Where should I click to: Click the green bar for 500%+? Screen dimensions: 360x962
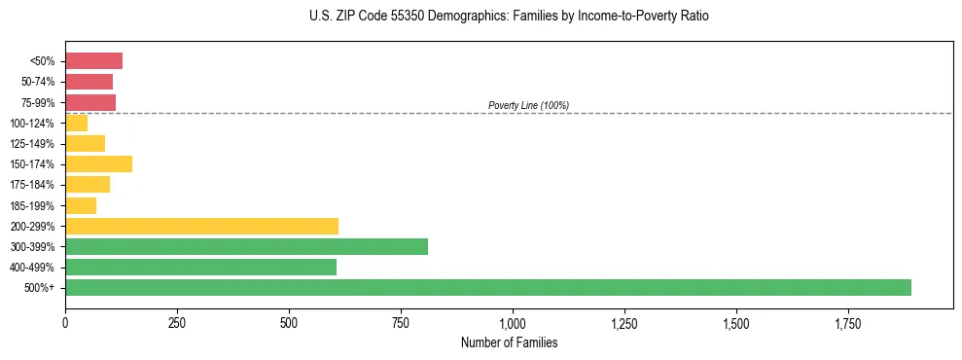tap(487, 287)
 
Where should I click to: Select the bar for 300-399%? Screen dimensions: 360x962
tap(246, 246)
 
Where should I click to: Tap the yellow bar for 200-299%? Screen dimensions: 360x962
tap(201, 226)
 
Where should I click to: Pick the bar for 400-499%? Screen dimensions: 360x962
tap(200, 267)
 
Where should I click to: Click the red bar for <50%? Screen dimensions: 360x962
tap(93, 61)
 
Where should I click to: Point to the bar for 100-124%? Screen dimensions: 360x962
tap(76, 123)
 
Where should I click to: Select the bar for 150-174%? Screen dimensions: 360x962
tap(98, 163)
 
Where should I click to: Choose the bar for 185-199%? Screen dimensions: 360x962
tap(81, 205)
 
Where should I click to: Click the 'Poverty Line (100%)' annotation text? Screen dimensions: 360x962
tap(528, 105)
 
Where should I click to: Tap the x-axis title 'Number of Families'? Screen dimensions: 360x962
tap(509, 342)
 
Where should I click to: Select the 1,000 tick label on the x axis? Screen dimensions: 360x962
tap(513, 322)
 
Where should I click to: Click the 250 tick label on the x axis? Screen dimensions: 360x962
tap(177, 322)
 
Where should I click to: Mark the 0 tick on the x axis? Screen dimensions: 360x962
tap(65, 322)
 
